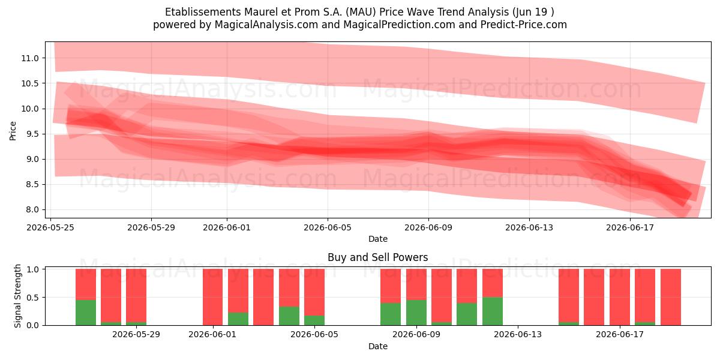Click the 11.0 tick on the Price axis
30,58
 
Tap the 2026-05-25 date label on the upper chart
50,227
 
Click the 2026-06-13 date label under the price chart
529,227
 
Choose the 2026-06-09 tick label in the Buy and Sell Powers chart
416,334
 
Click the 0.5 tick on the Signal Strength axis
32,298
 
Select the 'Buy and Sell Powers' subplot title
377,257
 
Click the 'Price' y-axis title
13,131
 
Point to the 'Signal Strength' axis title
17,296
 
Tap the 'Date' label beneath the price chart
377,239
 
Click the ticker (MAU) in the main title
361,12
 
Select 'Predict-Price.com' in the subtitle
524,25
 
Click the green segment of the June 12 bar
493,311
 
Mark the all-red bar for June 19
671,297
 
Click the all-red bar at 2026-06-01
212,297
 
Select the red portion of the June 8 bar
391,286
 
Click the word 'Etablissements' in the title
203,12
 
